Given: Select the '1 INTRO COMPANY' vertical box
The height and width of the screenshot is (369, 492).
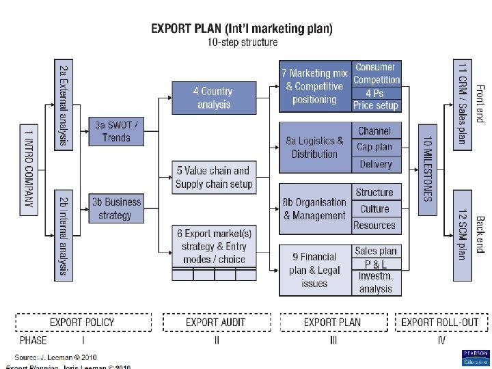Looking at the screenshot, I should [x=29, y=169].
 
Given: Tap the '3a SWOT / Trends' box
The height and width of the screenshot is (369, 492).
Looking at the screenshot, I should [x=116, y=131].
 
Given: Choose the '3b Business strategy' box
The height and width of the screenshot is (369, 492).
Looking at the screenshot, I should [x=116, y=208].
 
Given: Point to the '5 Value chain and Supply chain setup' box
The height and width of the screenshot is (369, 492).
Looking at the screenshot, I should [x=213, y=177].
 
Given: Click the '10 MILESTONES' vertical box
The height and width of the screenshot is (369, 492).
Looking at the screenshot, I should [x=427, y=169].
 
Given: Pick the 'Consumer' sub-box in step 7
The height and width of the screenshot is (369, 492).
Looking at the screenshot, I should [x=375, y=67].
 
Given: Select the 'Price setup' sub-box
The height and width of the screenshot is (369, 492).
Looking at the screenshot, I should [x=375, y=105].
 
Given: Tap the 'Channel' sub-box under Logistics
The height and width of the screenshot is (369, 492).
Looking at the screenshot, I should [x=374, y=131].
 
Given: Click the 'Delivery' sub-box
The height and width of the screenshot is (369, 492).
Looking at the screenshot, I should [x=375, y=164].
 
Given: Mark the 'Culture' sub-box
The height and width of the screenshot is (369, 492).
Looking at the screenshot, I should [x=374, y=208].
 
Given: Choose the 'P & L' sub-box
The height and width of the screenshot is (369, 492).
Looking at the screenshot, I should [x=375, y=264].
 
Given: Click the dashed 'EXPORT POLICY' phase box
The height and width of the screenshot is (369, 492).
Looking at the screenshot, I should [x=83, y=322].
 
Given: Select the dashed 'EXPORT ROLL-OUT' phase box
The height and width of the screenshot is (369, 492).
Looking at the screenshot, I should [x=439, y=322].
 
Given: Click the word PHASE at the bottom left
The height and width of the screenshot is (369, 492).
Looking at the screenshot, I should [x=33, y=340].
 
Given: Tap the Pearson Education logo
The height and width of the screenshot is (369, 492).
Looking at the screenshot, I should [x=475, y=358].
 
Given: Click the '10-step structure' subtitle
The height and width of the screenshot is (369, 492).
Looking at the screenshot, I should [x=243, y=42].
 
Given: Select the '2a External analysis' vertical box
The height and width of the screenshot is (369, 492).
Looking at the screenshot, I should [x=63, y=104].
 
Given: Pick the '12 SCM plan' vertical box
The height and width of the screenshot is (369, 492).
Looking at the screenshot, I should [x=463, y=234].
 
